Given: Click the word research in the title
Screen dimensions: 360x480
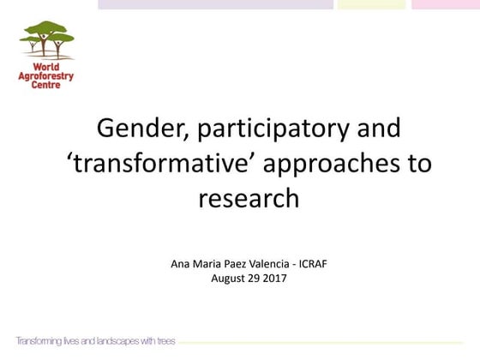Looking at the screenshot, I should coord(249,198).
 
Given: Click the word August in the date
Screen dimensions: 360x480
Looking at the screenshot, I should coord(229,277).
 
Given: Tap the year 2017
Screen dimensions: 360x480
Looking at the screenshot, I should coord(276,277).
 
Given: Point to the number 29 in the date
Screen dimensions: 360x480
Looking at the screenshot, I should coord(255,277).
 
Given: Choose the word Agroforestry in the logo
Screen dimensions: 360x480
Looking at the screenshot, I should coord(47,76).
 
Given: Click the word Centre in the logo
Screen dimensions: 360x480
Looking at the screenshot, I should coord(46,86).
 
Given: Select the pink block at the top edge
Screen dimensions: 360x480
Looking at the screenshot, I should coord(445,4).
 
